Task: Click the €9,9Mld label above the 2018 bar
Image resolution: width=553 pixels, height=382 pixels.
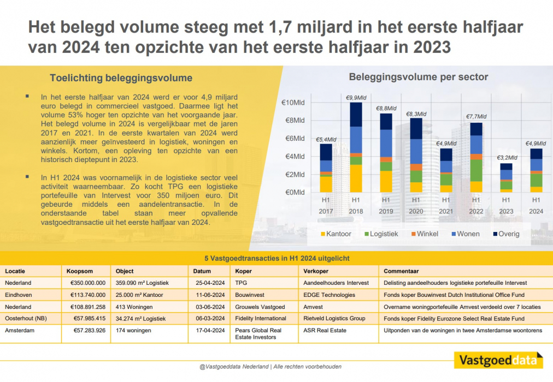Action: [x=356, y=98]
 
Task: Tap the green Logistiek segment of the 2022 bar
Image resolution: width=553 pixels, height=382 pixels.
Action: [x=476, y=170]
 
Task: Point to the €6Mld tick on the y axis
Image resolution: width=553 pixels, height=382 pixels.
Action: [x=293, y=139]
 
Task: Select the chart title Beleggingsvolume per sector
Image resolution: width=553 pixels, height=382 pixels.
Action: [x=418, y=77]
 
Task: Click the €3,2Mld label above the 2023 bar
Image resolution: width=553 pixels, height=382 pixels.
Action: [x=506, y=158]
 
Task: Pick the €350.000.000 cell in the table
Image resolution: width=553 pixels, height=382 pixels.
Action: [x=87, y=283]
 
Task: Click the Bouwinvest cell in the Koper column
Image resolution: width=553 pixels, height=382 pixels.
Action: [x=250, y=295]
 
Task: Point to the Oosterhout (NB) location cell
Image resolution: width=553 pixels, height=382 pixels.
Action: [x=26, y=318]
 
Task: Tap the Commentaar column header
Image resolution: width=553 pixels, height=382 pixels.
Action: [x=401, y=271]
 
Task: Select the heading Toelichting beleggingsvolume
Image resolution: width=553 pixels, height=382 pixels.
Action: [x=121, y=77]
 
